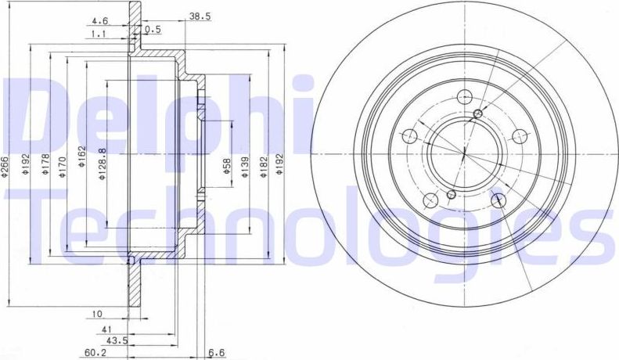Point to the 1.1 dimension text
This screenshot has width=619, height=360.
coord(99,34)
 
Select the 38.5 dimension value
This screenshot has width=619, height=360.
coord(202,14)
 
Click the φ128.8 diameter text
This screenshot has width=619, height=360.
coord(101,162)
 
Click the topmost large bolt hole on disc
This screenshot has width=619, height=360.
coord(466,97)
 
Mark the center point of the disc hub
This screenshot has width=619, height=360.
coord(463,152)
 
